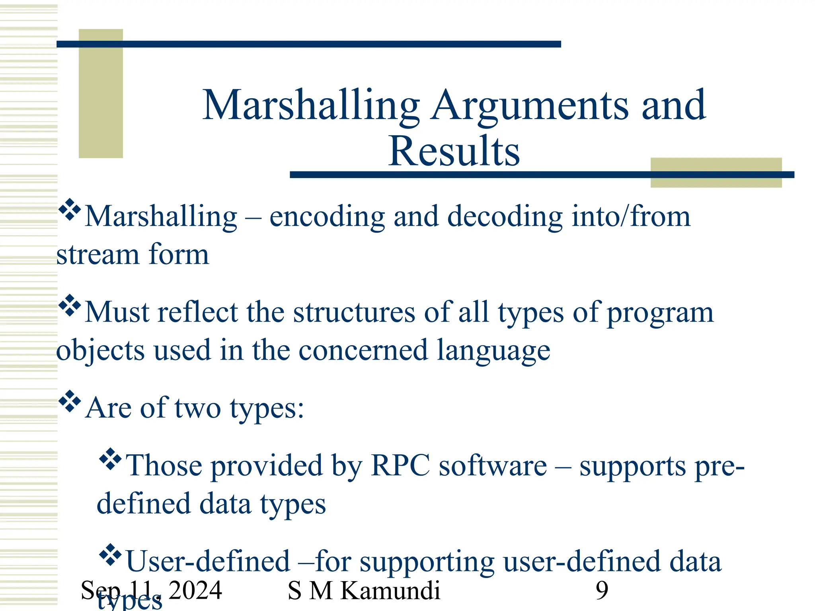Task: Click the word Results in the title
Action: click(454, 151)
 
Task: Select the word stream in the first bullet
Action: click(97, 255)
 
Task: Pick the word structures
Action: click(354, 312)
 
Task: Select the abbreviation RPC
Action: click(400, 465)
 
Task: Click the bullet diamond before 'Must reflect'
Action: click(70, 305)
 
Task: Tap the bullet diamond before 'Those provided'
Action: click(110, 459)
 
